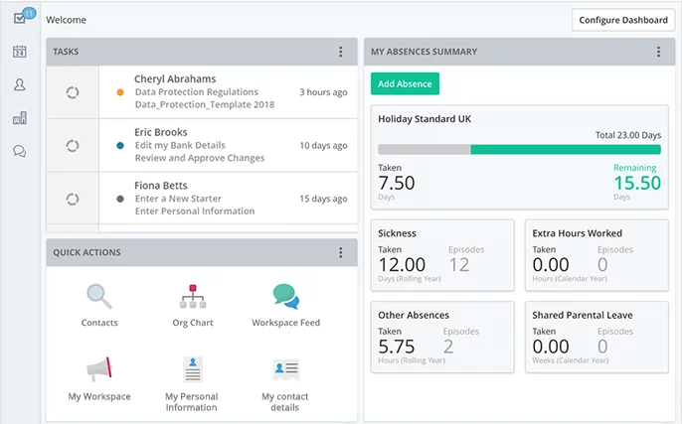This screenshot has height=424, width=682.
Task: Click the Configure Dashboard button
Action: coord(623,20)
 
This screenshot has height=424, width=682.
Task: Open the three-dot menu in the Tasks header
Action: coord(341,52)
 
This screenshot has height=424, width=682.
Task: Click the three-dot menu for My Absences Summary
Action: coord(658,52)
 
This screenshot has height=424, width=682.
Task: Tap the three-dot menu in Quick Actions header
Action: coord(341,252)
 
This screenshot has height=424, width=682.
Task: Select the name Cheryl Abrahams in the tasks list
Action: coord(175,79)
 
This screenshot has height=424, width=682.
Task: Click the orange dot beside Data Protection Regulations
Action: coord(120,92)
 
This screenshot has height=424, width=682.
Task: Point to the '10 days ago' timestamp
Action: coord(323,145)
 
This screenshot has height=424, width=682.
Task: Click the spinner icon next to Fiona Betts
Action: coord(73,199)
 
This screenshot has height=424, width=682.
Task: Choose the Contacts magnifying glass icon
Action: coord(99,296)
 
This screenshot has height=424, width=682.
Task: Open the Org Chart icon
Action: coord(193,296)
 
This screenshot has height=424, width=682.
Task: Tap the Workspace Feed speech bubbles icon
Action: coord(285,296)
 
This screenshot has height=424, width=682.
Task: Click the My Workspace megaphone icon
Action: coord(99,369)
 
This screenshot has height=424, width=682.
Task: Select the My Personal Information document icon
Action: coord(192,369)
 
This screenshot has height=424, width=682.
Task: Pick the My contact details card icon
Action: coord(285,369)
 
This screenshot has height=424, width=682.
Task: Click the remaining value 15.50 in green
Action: coord(637,183)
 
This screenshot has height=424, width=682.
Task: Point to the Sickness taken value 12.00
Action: coord(402,264)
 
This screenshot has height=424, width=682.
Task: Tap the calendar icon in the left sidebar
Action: coord(19,52)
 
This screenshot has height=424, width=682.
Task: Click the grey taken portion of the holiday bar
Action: coord(425,149)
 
